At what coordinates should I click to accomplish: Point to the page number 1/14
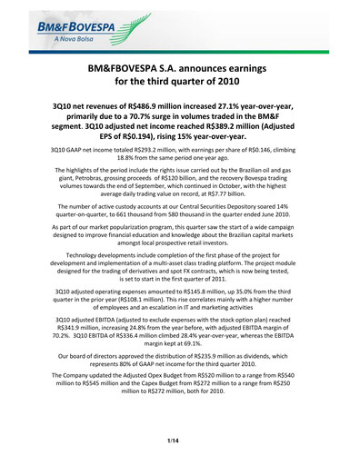click(x=179, y=440)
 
